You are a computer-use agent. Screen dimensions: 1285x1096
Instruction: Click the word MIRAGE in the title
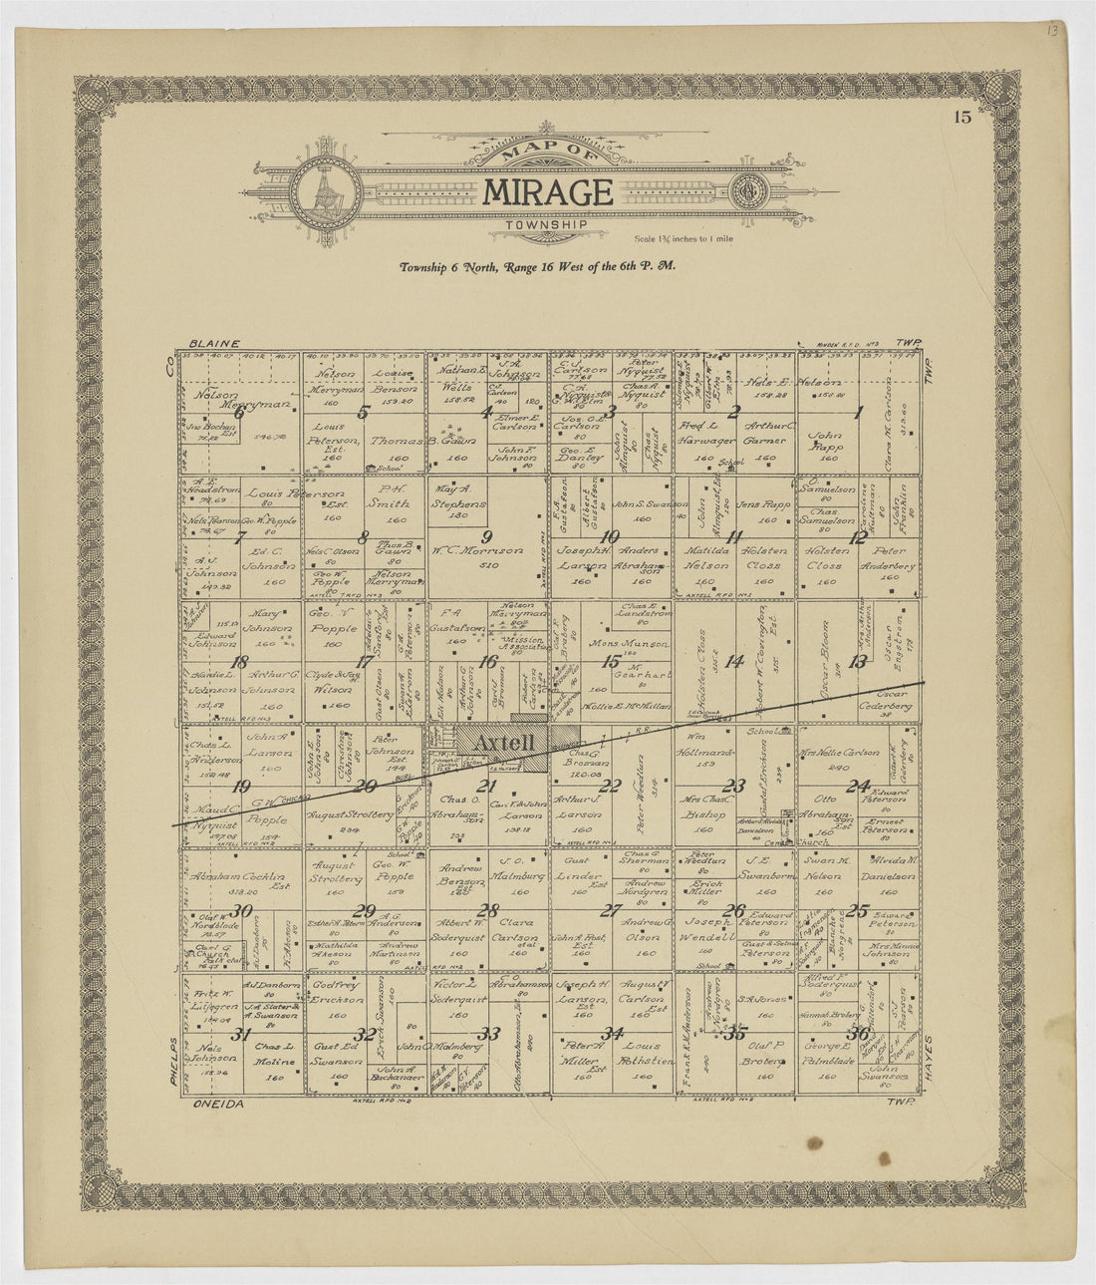pos(547,191)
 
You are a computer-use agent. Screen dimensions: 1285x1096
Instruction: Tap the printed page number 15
pos(961,118)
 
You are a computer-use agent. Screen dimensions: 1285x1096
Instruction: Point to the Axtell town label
pos(504,743)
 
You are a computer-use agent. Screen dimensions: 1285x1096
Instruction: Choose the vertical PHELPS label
pos(171,1065)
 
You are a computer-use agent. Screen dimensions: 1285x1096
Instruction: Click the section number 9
pos(488,535)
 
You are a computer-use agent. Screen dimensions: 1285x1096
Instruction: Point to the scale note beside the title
pos(683,238)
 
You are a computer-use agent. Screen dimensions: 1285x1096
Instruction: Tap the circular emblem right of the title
pos(744,189)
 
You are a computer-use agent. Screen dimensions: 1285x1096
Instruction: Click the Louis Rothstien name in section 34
pos(643,1054)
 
